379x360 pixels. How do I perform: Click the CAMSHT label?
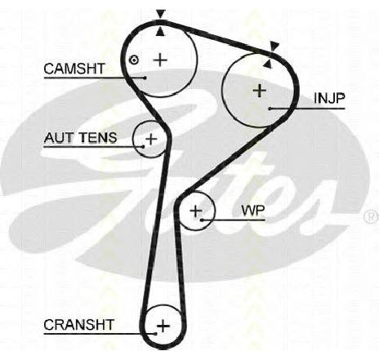74,69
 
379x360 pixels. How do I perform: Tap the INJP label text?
329,98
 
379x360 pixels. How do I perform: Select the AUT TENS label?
80,138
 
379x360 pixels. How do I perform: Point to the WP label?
253,210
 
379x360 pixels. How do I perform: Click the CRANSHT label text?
78,325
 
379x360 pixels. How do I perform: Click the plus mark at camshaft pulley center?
160,60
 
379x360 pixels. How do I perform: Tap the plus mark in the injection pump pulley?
260,91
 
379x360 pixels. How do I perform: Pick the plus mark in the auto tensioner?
151,139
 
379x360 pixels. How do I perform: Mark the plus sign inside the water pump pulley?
195,211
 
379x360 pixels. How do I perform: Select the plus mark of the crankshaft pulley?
163,326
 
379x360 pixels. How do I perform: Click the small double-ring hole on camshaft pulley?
133,60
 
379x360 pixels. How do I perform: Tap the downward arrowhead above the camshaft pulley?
161,14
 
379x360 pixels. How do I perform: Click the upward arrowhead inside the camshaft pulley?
160,32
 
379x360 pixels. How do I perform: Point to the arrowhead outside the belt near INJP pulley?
274,47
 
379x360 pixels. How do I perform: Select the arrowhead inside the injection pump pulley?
268,64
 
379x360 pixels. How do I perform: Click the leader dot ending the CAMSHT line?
145,78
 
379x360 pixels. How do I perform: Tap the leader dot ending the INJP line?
270,109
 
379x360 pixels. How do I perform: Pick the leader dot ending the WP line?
202,220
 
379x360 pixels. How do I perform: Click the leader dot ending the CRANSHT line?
155,334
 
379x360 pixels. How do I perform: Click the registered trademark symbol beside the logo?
372,216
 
